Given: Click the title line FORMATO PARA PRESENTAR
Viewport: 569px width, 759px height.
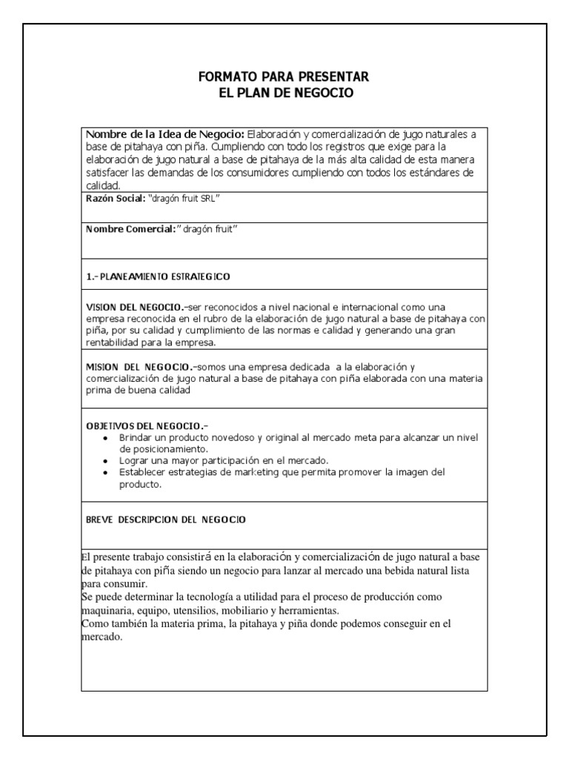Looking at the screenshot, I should pos(284,77).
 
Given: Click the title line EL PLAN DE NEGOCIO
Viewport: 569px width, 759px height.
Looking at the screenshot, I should pos(284,93).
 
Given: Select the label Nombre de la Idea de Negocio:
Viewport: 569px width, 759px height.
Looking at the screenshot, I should pos(165,135).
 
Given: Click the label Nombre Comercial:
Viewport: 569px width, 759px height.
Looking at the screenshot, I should pos(129,229).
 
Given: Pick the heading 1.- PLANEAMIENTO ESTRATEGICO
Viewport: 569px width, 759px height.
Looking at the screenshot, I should pos(159,276).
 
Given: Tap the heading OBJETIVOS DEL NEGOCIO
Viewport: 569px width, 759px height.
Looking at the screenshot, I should pos(146,426).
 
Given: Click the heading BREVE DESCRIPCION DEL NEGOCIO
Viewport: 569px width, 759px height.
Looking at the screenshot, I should pos(166,520).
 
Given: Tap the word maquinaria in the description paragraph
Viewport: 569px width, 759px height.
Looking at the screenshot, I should pos(106,610).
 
